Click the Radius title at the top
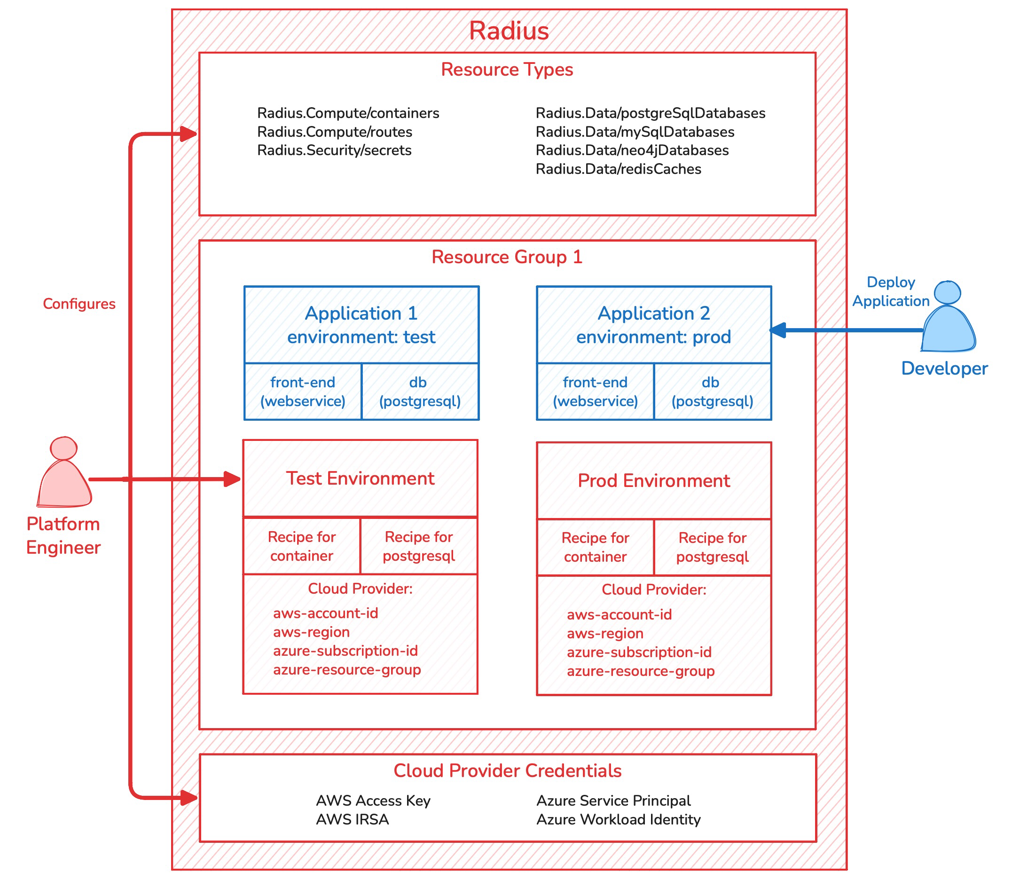pos(509,31)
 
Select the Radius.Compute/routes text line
pos(335,132)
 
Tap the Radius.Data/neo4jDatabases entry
pos(632,150)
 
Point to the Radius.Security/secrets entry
pos(334,150)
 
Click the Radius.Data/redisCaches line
pos(618,169)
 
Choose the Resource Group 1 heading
pos(507,257)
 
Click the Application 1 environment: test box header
pos(361,325)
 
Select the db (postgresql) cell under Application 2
pos(712,392)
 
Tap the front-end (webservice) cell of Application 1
pos(303,392)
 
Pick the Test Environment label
pos(360,478)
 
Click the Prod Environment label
pos(653,481)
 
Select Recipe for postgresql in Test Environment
pos(418,546)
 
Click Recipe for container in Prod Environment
pos(595,547)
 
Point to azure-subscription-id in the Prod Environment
pos(639,652)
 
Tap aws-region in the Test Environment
pos(312,632)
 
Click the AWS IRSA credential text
pos(352,819)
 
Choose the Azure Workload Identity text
pos(618,819)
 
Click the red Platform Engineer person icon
pos(64,473)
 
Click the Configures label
pos(79,304)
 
